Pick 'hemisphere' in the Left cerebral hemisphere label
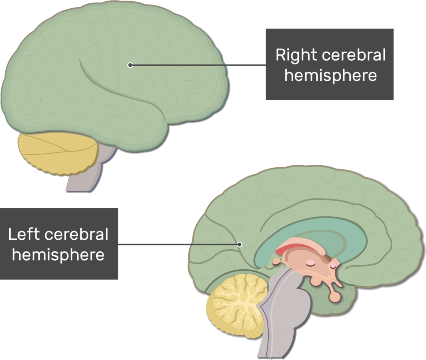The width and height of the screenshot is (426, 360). click(58, 255)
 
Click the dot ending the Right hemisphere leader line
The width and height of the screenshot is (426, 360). click(130, 65)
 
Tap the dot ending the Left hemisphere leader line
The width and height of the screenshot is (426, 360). click(239, 244)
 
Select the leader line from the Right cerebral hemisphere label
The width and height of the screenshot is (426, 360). click(200, 65)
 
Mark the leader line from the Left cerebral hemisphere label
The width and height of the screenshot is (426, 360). click(179, 244)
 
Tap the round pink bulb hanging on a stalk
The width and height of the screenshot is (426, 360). click(334, 297)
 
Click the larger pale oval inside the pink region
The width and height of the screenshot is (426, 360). click(310, 263)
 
